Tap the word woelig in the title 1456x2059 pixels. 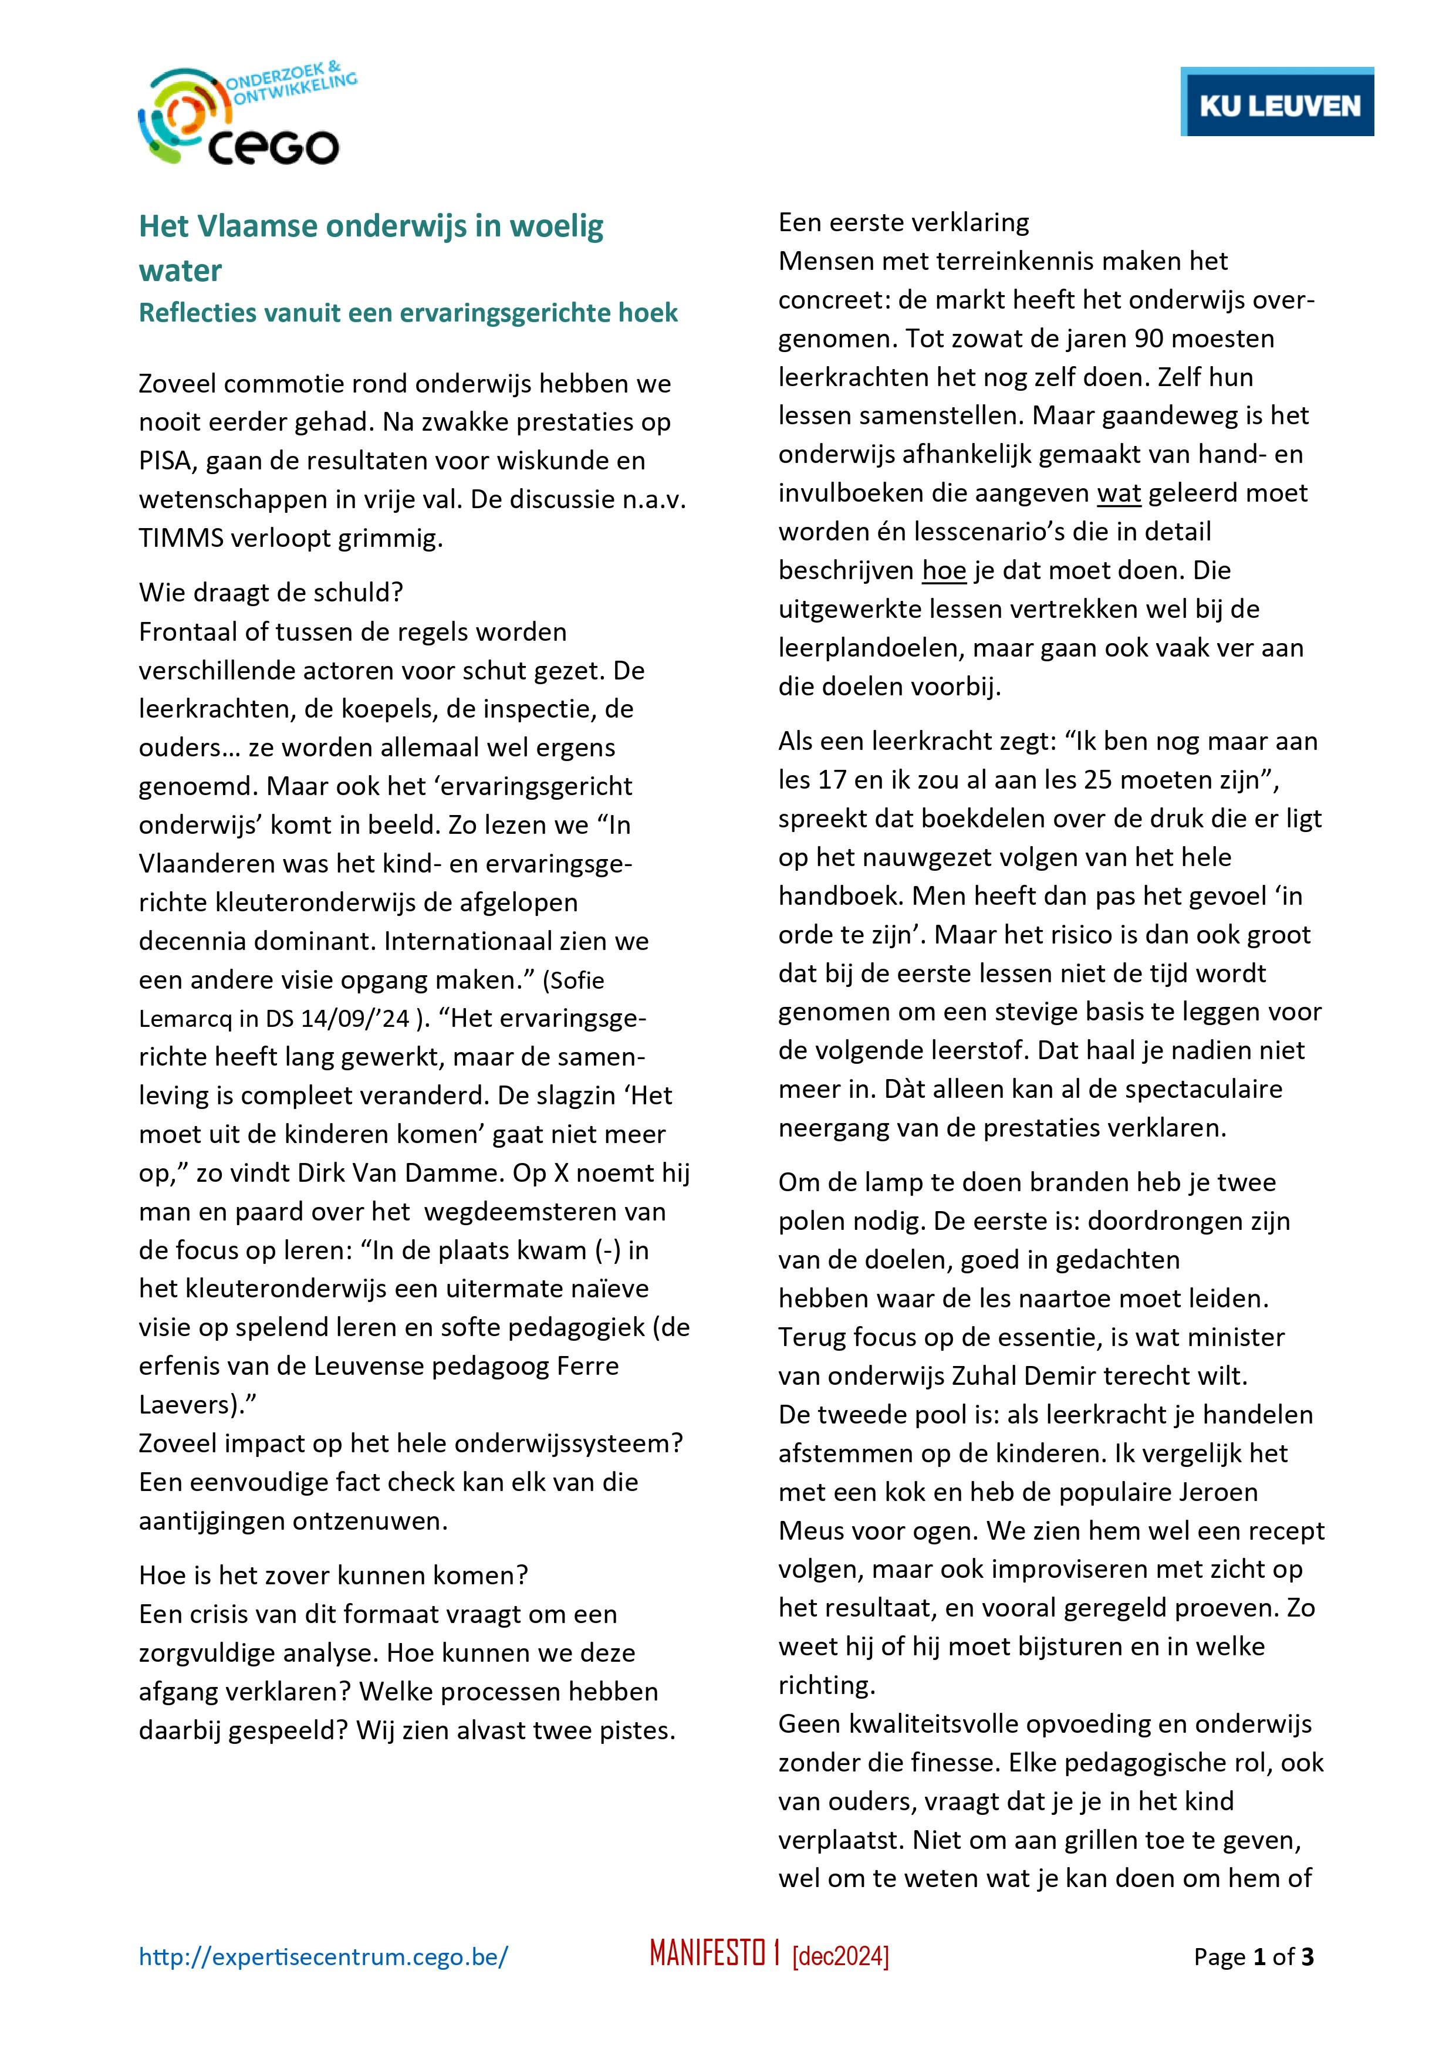tap(557, 227)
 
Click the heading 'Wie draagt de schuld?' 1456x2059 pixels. tap(271, 593)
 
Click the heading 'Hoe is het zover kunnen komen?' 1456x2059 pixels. tap(334, 1575)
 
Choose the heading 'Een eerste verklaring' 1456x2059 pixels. tap(903, 222)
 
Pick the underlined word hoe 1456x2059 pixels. tap(944, 570)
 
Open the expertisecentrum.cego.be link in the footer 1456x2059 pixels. tap(323, 1957)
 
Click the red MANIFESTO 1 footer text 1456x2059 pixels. tap(714, 1955)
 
